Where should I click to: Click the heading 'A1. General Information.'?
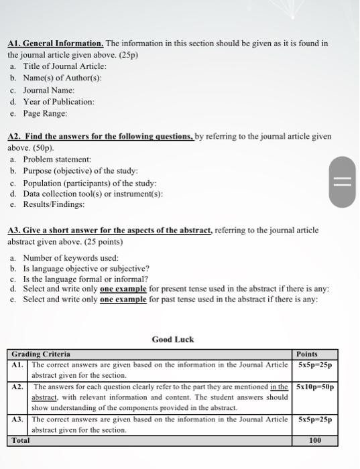[x=55, y=44]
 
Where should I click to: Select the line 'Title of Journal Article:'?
[x=65, y=66]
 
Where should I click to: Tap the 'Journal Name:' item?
[x=49, y=90]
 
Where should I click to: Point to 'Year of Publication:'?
[x=59, y=102]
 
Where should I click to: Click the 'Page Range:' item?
[x=46, y=113]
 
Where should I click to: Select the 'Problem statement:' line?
[x=57, y=159]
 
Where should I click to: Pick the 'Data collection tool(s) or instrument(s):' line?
[x=93, y=194]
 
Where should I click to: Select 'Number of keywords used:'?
[x=71, y=258]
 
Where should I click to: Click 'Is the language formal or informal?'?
[x=86, y=279]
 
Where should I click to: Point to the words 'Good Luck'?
[x=173, y=340]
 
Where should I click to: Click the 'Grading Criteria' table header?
[x=41, y=354]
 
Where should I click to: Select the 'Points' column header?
[x=307, y=354]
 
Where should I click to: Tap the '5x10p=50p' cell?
[x=315, y=387]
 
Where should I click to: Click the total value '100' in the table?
[x=315, y=440]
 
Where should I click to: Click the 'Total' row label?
[x=20, y=440]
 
